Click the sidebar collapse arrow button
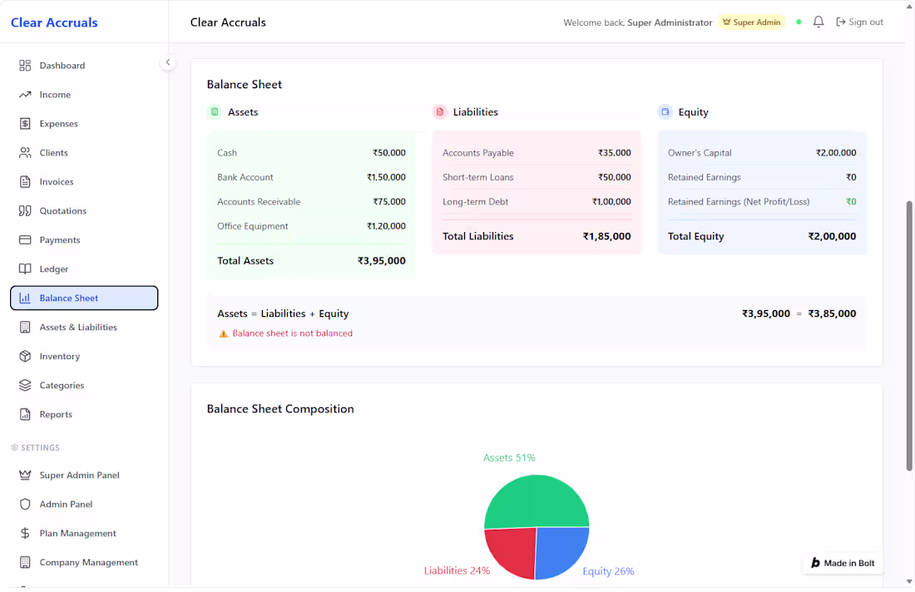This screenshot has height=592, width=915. (x=167, y=62)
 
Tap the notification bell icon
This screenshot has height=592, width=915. (x=819, y=22)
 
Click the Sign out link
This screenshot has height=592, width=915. (x=859, y=22)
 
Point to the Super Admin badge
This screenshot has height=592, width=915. (x=752, y=22)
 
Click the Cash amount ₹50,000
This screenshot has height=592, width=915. (x=389, y=153)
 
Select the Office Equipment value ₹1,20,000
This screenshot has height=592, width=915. (x=386, y=226)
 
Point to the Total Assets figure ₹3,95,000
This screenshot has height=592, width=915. (x=382, y=261)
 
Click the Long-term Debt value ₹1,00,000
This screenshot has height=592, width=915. (x=611, y=202)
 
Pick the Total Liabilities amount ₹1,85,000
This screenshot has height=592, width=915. (x=607, y=236)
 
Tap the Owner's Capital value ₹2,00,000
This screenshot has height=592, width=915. (x=836, y=153)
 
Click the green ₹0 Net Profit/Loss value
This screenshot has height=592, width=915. (x=852, y=202)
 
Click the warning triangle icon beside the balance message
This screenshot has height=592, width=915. (x=223, y=333)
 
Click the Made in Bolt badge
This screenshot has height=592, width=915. (x=843, y=564)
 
